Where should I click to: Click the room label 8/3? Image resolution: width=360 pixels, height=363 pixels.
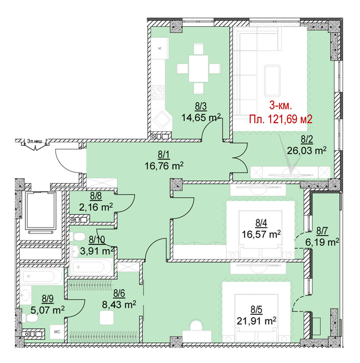[201, 106]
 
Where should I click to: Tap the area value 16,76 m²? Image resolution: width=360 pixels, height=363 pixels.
[164, 166]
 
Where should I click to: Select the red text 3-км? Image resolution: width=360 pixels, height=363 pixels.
[280, 106]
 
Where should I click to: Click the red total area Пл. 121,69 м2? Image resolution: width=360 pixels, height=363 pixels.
[281, 119]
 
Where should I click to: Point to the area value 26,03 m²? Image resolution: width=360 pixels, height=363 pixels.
[307, 150]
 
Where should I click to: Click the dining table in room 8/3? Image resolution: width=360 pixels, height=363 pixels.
[199, 69]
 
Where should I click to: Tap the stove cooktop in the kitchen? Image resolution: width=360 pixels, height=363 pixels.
[158, 92]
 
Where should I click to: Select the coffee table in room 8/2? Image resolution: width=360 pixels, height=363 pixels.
[272, 80]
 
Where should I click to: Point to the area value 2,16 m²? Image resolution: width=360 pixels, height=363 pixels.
[96, 207]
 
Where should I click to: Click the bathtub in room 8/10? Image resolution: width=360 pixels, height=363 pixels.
[91, 267]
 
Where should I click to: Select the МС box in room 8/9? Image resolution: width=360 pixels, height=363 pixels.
[57, 332]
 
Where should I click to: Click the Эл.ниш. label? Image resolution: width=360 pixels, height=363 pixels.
[35, 141]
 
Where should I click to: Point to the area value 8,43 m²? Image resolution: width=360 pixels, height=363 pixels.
[119, 304]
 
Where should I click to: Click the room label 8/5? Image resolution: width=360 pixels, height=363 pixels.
[256, 310]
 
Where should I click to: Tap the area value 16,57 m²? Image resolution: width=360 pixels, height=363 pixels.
[261, 234]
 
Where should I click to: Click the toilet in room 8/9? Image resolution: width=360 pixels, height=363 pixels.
[30, 319]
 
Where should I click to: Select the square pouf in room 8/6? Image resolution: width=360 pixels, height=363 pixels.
[107, 317]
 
